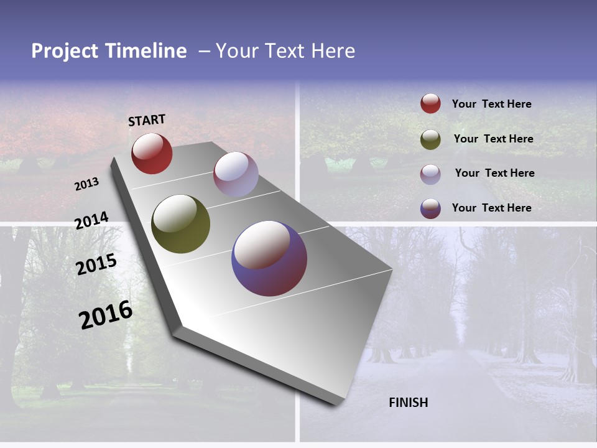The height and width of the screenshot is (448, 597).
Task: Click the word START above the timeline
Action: [x=147, y=120]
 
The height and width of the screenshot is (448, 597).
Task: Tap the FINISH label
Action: [x=409, y=403]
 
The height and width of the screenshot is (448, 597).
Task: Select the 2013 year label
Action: [x=87, y=184]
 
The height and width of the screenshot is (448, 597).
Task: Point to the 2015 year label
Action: [x=96, y=264]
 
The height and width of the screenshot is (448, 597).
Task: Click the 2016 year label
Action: [x=106, y=314]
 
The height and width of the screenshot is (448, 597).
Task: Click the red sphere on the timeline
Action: [x=152, y=153]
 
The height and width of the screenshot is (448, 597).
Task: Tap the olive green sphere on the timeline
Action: [x=180, y=224]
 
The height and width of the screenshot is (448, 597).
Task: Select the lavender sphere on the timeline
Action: [x=236, y=174]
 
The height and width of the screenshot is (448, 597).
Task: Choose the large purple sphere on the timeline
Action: [x=269, y=258]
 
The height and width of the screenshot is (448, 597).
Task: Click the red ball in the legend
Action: [x=430, y=104]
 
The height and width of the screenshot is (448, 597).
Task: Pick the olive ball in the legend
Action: [x=430, y=139]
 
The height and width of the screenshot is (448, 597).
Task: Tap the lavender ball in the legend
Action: [x=430, y=174]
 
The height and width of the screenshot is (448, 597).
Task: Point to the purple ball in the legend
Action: [x=430, y=208]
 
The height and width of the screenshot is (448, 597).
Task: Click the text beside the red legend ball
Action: [x=492, y=104]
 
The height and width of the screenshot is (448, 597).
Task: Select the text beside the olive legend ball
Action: [x=494, y=139]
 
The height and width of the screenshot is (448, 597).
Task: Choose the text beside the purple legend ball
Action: [x=492, y=208]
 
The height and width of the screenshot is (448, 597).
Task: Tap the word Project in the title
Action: [x=65, y=51]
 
